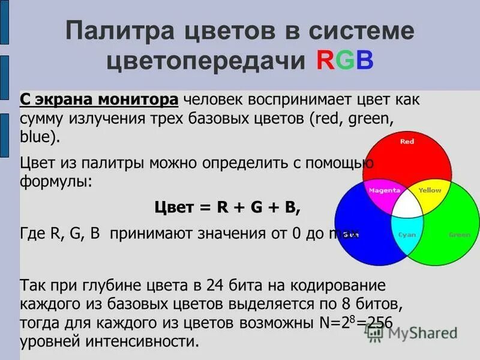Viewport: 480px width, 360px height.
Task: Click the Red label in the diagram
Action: pyautogui.click(x=407, y=142)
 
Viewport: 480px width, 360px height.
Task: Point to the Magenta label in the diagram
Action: pyautogui.click(x=385, y=190)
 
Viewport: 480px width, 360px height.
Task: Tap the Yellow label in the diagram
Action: pyautogui.click(x=430, y=190)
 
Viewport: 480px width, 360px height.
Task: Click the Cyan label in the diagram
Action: pyautogui.click(x=407, y=235)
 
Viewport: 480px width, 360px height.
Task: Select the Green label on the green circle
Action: pyautogui.click(x=460, y=235)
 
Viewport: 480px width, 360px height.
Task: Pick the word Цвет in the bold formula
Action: pyautogui.click(x=173, y=207)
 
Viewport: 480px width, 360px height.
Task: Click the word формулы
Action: pyautogui.click(x=56, y=181)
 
